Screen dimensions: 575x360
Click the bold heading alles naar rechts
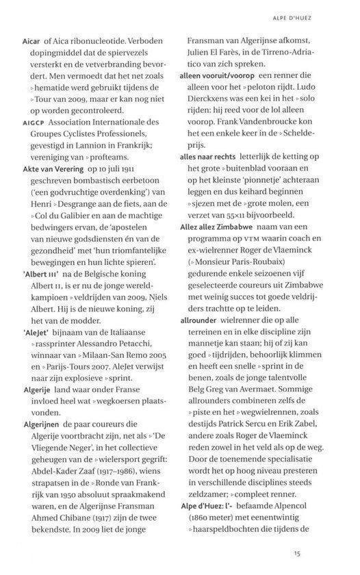(212, 157)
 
